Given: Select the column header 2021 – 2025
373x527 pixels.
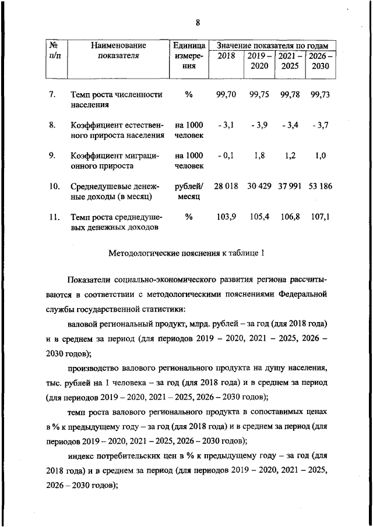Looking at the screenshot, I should [x=290, y=61].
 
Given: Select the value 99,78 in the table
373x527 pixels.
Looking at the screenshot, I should [x=290, y=94].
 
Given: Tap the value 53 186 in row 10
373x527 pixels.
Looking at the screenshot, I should [x=320, y=186].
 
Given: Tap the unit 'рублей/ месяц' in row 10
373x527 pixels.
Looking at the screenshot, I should [x=188, y=192].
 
